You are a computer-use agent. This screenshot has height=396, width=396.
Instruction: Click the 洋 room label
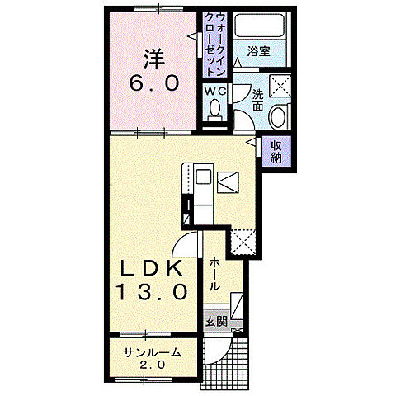[x=154, y=59]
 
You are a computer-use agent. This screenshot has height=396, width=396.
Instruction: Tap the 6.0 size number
[x=154, y=83]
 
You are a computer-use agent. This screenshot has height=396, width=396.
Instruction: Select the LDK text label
[x=153, y=268]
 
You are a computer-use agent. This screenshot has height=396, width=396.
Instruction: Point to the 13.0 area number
[x=152, y=291]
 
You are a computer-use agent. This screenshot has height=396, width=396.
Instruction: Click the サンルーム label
[x=152, y=352]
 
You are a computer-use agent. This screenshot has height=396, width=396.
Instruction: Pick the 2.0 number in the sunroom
[x=152, y=365]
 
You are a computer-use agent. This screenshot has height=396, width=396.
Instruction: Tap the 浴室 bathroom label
[x=258, y=51]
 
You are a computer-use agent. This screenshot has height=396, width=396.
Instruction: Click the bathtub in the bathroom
[x=259, y=25]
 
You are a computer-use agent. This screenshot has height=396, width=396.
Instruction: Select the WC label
[x=215, y=91]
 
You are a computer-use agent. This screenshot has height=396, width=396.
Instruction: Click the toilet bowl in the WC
[x=214, y=110]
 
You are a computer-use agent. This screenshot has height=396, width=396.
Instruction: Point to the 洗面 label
[x=257, y=101]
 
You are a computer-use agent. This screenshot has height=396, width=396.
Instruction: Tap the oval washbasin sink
[x=277, y=116]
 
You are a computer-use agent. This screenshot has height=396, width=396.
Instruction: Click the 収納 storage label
[x=276, y=152]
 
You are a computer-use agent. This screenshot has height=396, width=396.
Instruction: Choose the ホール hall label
[x=214, y=275]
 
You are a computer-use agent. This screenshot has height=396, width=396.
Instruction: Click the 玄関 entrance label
[x=216, y=322]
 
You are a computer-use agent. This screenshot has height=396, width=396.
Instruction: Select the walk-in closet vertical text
[x=215, y=45]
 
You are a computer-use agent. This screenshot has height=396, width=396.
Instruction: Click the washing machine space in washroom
[x=280, y=86]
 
